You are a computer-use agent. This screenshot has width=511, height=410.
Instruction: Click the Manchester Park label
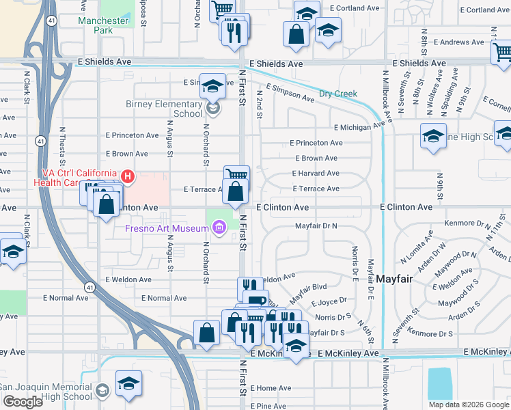click(x=103, y=26)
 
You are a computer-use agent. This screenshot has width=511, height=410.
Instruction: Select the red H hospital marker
click(x=127, y=177)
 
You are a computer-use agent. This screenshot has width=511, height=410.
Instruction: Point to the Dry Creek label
click(x=338, y=94)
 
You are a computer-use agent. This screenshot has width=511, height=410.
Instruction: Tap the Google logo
click(x=23, y=402)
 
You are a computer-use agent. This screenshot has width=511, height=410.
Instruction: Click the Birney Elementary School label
click(x=164, y=109)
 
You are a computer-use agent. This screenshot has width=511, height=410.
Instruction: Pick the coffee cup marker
click(x=256, y=301)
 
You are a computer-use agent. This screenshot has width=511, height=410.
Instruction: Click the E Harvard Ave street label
click(x=315, y=174)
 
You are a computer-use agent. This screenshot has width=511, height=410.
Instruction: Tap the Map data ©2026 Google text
click(x=468, y=405)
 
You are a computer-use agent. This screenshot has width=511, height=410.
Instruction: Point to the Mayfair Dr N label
click(x=316, y=225)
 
